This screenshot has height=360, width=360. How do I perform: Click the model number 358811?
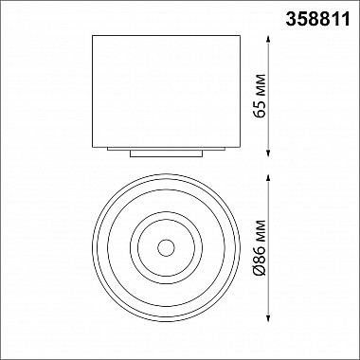[323, 15]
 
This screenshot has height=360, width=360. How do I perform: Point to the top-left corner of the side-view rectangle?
[94, 36]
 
